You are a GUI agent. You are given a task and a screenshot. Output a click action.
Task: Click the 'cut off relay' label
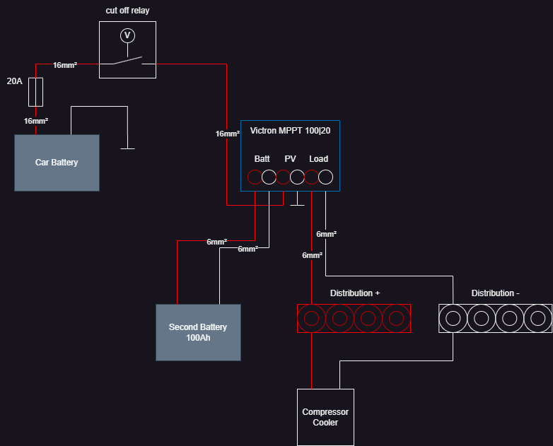coord(127,11)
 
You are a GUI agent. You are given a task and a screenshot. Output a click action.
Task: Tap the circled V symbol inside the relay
coord(127,35)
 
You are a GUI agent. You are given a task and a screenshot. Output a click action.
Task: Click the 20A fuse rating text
coord(14,81)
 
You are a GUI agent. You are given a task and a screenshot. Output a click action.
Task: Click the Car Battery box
coord(57,163)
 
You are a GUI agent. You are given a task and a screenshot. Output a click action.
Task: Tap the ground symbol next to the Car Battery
coord(127,148)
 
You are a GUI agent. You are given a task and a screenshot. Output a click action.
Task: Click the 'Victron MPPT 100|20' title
coord(290,131)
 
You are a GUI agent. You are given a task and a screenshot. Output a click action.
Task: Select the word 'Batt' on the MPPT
coord(262,159)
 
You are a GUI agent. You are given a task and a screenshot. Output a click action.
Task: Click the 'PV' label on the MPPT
coord(290,159)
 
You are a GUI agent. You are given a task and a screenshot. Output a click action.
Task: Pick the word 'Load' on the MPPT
coord(318,159)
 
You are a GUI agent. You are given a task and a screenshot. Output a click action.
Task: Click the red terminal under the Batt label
coord(255,177)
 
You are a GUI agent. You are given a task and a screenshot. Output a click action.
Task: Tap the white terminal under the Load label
coord(325,177)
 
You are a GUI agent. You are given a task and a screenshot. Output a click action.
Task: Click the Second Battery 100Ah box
coord(198,332)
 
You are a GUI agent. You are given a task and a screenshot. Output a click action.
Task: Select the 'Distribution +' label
coord(355,293)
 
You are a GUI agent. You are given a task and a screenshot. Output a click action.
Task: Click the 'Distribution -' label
coord(495,293)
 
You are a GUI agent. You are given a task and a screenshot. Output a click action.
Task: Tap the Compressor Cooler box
coord(325,417)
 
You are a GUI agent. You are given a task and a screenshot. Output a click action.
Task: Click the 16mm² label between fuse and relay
coord(65,65)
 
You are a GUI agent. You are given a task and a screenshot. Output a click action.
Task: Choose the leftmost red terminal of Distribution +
coord(311,318)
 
